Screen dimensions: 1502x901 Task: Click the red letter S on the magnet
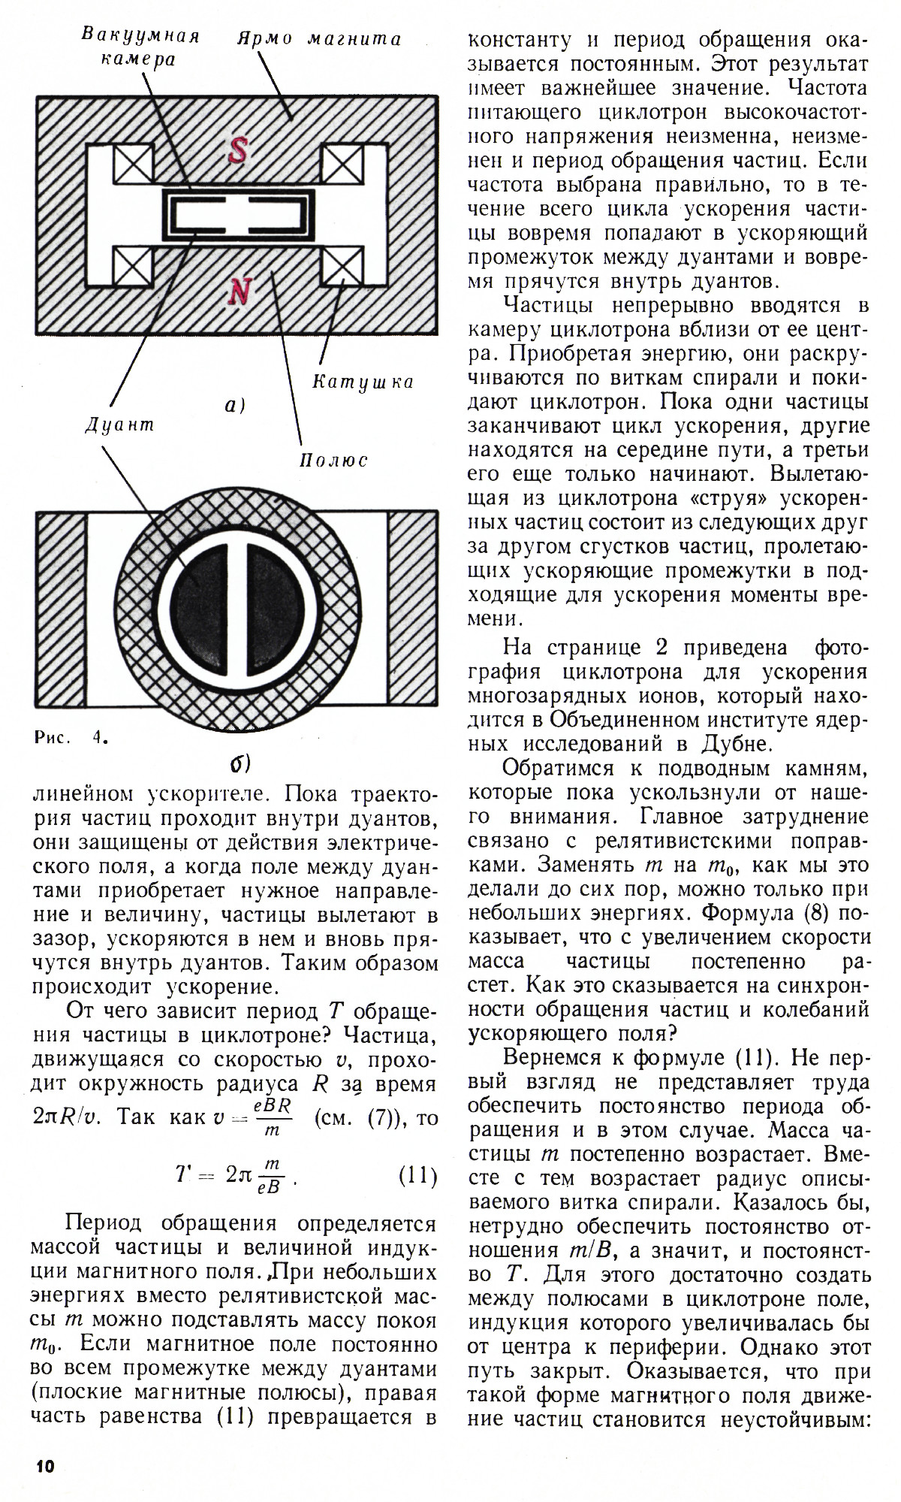click(237, 152)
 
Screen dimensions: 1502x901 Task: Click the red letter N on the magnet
click(239, 292)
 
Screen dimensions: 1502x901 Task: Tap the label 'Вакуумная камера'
click(140, 47)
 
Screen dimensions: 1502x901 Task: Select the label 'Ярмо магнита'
click(319, 39)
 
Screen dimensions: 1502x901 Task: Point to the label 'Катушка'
click(363, 382)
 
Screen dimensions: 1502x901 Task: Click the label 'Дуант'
click(119, 425)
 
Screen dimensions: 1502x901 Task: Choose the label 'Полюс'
click(333, 460)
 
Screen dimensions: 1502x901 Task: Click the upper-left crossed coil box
click(133, 162)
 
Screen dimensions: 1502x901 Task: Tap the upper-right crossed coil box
click(342, 162)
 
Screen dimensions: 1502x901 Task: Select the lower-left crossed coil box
click(133, 267)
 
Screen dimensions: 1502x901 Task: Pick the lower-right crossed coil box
click(342, 267)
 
